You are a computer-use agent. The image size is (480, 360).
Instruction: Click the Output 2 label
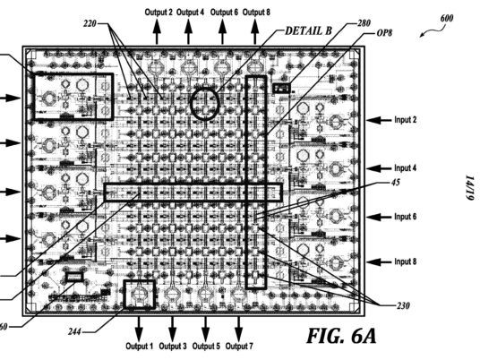159,13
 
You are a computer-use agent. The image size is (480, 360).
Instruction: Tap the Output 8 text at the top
256,13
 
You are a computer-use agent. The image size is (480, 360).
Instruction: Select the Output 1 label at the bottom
140,347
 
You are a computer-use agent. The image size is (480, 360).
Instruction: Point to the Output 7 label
239,347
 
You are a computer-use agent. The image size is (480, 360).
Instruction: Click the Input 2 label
406,119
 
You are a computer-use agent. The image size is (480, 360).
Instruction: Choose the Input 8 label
406,261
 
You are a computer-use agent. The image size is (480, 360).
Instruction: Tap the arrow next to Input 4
379,168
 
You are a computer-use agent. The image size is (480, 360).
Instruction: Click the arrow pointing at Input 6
379,217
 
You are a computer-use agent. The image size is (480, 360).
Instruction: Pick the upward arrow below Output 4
189,31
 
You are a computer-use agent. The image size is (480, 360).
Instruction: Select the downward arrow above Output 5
206,329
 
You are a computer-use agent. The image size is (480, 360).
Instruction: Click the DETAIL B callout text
309,31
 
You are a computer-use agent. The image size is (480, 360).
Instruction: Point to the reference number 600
447,19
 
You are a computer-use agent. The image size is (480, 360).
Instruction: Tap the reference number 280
364,23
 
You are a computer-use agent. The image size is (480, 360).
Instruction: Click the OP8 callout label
384,33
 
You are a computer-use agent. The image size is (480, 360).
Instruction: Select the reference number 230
403,305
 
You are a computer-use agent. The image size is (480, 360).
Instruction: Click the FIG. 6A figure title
341,336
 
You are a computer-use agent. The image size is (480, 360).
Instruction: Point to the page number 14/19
470,188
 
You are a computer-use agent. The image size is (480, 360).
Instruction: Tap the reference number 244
74,331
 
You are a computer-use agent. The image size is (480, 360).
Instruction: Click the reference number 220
90,23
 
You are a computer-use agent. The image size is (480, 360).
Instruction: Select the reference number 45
396,183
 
